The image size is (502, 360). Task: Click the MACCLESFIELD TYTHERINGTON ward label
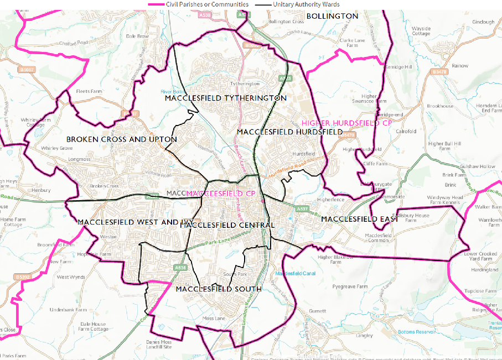[x=226, y=98]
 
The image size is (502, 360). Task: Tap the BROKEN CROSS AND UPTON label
[x=122, y=139]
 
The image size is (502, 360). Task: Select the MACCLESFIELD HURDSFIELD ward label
[x=289, y=132]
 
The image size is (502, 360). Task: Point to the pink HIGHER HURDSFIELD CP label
[x=346, y=123]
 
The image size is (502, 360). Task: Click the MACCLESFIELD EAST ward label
[x=360, y=219]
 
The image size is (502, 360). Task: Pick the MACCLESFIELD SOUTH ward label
[x=218, y=289]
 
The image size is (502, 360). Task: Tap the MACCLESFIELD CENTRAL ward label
[x=227, y=225]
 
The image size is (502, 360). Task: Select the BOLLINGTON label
[x=332, y=16]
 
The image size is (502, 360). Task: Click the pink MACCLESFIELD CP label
[x=221, y=193]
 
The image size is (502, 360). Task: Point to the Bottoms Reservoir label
[x=416, y=332]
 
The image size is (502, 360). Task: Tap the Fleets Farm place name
[x=89, y=91]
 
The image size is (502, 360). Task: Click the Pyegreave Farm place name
[x=349, y=287]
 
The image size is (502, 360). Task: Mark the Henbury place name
[x=41, y=190]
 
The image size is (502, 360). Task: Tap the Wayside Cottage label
[x=421, y=30]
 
